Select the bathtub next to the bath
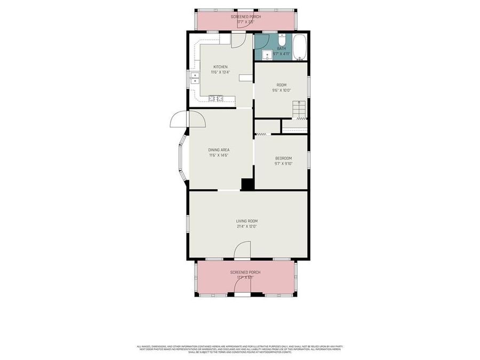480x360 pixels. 300,47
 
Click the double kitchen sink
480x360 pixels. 195,79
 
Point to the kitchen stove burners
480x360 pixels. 216,98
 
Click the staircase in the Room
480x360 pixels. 299,109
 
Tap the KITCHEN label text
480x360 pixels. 220,67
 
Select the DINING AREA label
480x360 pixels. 219,150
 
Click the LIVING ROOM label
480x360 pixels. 247,221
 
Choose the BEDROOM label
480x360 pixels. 283,158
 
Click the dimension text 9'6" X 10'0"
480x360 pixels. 281,91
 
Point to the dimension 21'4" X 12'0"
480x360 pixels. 247,227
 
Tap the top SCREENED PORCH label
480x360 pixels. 245,17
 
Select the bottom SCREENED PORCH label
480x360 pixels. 245,273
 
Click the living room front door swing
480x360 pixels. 243,249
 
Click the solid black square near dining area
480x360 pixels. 247,184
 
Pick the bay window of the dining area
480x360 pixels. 182,157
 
